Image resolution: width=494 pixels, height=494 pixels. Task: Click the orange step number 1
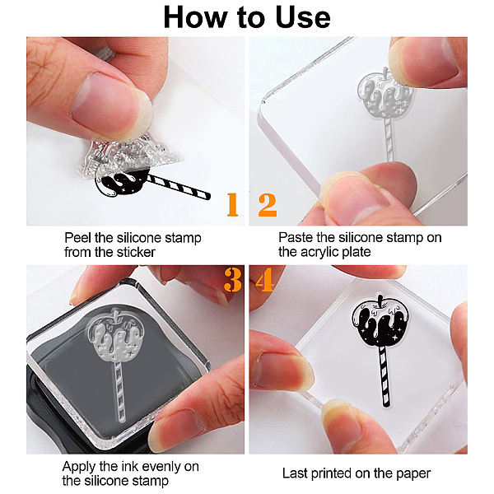[232, 204]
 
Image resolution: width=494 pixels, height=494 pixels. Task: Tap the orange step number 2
[268, 205]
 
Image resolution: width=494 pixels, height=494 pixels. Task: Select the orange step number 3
[233, 280]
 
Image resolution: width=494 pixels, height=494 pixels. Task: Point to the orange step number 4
[265, 279]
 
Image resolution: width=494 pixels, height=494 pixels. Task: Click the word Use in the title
[303, 17]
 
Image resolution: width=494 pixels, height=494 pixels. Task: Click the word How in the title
[195, 17]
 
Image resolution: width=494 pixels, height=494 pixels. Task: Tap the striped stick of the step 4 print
[385, 376]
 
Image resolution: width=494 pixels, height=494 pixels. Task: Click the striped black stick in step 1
[178, 187]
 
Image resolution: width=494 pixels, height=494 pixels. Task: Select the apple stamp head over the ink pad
[116, 335]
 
